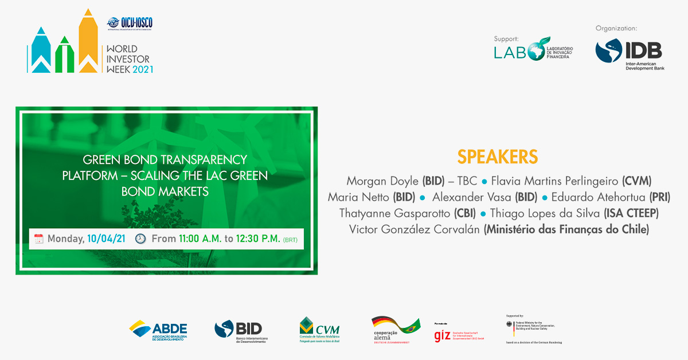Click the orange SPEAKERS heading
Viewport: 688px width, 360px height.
pyautogui.click(x=498, y=156)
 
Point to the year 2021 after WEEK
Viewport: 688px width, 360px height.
pyautogui.click(x=143, y=69)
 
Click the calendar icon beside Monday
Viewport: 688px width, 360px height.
pyautogui.click(x=39, y=238)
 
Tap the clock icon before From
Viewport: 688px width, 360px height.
pyautogui.click(x=140, y=238)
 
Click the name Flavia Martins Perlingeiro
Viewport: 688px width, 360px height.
pyautogui.click(x=554, y=181)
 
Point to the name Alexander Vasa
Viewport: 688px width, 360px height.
pyautogui.click(x=465, y=197)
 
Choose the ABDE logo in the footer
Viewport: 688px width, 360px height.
pyautogui.click(x=158, y=330)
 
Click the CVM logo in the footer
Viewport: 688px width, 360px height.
pyautogui.click(x=319, y=330)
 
